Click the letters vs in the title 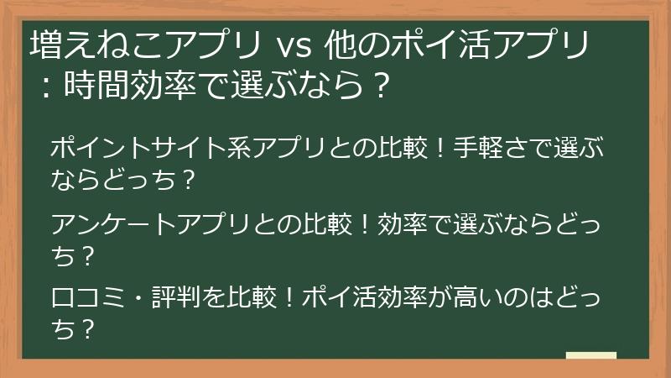(x=294, y=45)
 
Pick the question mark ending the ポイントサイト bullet (x=189, y=179)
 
